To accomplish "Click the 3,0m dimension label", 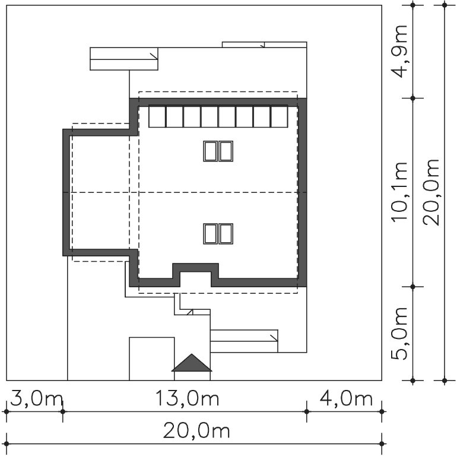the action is point(36,399).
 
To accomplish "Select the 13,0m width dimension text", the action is point(187,398).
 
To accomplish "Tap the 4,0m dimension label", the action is point(346,398).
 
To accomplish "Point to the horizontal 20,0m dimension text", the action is point(196,431).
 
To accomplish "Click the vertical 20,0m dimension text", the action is point(431,192).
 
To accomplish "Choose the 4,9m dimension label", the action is point(399,51).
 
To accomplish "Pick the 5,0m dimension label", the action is point(399,334).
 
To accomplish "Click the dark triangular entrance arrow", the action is point(192,363).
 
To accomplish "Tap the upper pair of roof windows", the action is point(218,151).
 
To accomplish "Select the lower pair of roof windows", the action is point(218,234).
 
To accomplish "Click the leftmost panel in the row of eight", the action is point(157,116).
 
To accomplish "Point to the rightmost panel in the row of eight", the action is point(279,116).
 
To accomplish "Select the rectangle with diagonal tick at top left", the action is point(124,59).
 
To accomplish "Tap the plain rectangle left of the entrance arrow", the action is point(152,359).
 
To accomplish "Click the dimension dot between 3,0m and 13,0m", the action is point(63,411).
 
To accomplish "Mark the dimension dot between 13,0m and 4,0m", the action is point(307,411).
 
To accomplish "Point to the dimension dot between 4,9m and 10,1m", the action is point(412,98).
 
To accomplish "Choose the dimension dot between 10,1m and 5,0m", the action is point(412,287).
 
